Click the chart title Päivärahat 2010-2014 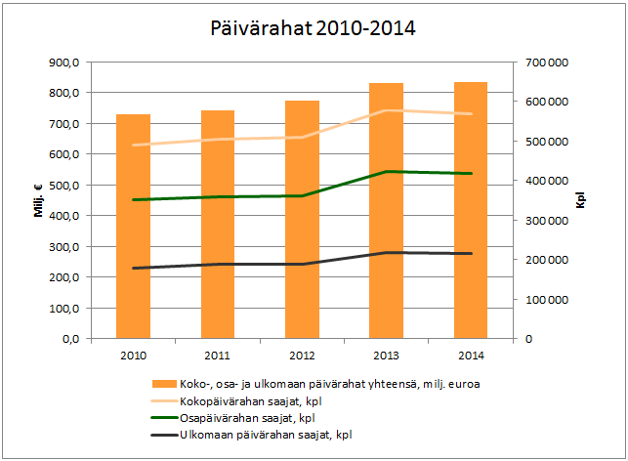313,27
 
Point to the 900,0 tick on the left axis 66,63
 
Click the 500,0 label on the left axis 66,186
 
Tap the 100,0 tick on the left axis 66,309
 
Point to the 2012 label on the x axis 302,356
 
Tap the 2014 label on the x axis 471,356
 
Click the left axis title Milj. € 39,200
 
